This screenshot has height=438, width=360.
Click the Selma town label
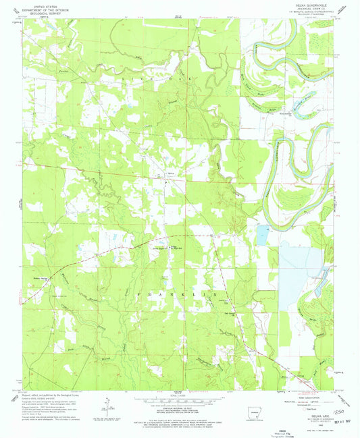[x=171, y=173]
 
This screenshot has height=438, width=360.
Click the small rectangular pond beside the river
[x=262, y=234]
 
